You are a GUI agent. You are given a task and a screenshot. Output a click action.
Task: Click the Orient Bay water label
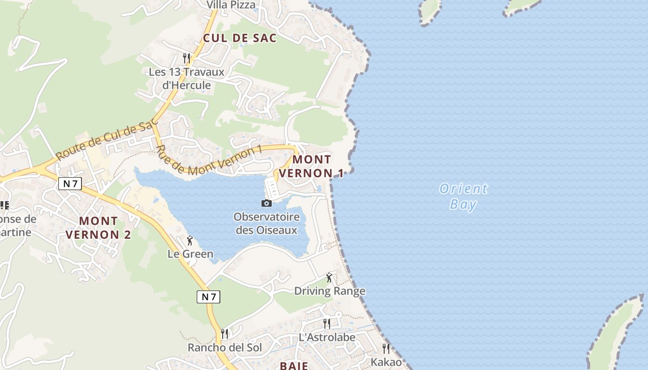pos(463,196)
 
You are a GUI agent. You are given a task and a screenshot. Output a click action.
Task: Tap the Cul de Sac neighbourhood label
pos(240,38)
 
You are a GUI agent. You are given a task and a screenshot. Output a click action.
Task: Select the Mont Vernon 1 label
pos(312,166)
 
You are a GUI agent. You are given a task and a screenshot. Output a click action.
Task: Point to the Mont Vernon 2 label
pos(98,228)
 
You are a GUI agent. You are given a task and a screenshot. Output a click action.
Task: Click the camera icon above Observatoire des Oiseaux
pos(266,203)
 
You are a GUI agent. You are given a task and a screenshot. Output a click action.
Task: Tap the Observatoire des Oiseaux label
pos(266,223)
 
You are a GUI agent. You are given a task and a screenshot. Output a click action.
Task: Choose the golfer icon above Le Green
pos(189,240)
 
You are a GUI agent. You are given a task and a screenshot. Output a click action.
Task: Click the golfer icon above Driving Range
pos(329,277)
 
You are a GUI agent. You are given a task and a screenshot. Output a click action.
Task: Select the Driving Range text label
pos(330,291)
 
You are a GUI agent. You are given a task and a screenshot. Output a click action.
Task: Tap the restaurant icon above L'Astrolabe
pos(327,323)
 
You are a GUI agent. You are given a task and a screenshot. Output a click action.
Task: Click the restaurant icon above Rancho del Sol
pos(225,333)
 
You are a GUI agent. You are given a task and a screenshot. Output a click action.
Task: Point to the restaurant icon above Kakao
pos(386,348)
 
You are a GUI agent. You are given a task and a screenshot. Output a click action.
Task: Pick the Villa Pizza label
pos(231,5)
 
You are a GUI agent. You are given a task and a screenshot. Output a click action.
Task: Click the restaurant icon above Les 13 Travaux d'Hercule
pos(187,58)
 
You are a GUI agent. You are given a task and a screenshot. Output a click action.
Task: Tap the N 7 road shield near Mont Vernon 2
pos(70,184)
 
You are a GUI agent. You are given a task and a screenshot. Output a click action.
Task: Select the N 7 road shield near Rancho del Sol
pos(209,296)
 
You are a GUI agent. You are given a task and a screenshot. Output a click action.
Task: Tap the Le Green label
pos(190,254)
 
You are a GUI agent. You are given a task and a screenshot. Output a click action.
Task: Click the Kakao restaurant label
pos(386,362)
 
